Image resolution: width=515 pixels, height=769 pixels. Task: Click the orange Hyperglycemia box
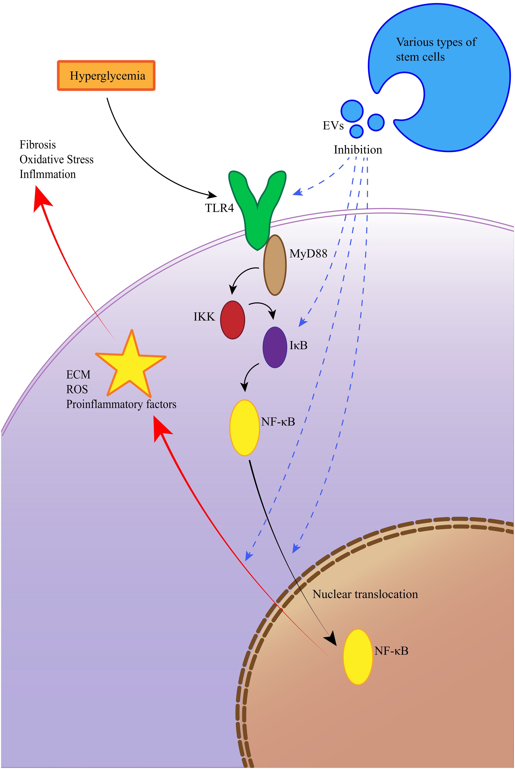pos(106,76)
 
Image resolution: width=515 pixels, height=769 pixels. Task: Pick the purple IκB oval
pos(275,347)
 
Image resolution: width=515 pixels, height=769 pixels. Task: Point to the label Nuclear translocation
pos(365,594)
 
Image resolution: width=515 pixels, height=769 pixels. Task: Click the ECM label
pos(78,375)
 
